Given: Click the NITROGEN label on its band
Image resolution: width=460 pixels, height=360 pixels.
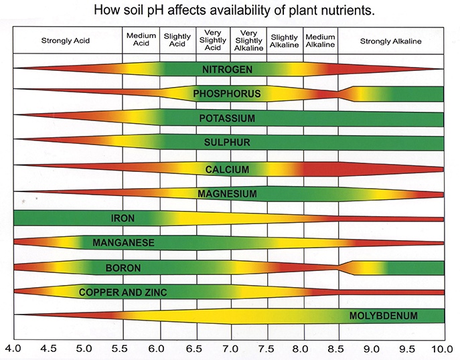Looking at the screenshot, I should click(228, 69).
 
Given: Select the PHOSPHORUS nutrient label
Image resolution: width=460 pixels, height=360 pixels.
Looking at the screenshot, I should click(226, 94).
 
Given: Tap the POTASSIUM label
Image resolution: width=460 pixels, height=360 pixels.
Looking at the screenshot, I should click(227, 118).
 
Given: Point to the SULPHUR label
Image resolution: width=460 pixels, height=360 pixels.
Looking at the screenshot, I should click(227, 143).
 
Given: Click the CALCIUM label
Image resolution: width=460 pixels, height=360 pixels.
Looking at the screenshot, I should click(227, 169).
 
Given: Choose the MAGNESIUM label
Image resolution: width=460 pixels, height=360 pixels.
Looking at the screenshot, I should click(227, 194).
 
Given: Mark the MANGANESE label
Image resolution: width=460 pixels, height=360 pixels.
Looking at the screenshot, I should click(124, 242).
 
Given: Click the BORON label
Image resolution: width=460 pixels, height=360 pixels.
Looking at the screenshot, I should click(123, 268).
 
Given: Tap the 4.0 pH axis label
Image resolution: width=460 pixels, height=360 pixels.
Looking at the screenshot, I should click(13, 349).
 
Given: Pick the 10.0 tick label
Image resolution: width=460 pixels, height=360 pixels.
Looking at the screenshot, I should click(442, 349).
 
